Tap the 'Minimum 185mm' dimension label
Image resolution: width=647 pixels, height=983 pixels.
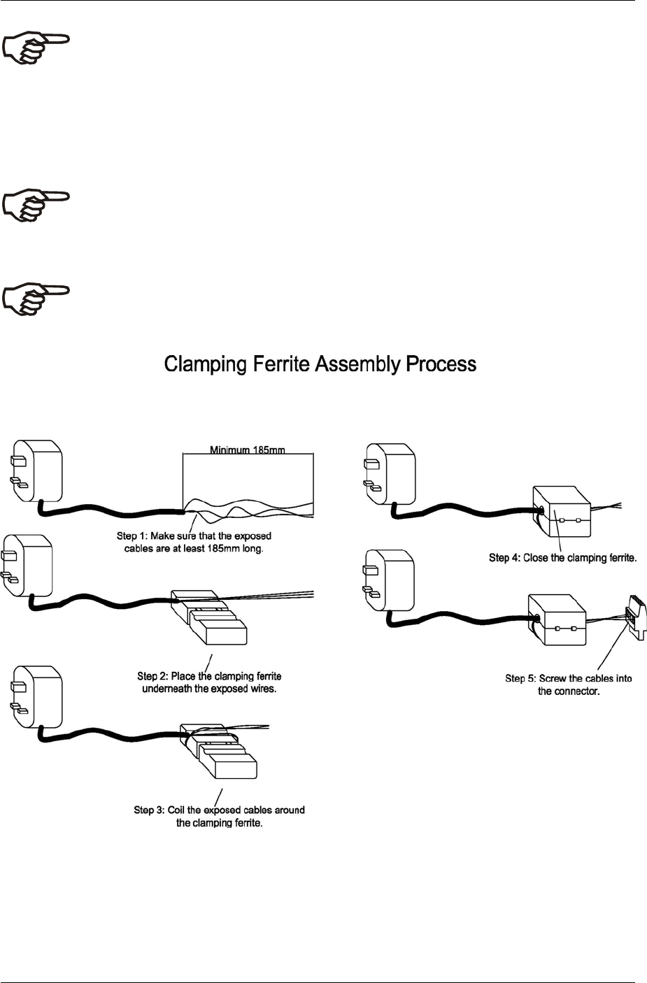[248, 451]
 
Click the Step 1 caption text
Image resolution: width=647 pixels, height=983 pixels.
[194, 543]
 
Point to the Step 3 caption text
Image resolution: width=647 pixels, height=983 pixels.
[219, 817]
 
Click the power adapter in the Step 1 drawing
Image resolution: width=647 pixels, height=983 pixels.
[38, 472]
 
